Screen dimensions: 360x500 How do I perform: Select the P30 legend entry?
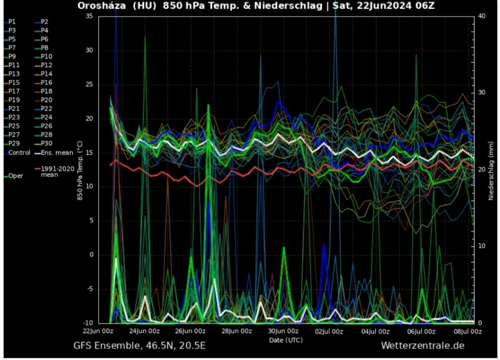point(46,143)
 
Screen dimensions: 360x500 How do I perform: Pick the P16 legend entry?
point(46,82)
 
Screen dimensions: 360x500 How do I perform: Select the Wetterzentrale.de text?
point(422,346)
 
